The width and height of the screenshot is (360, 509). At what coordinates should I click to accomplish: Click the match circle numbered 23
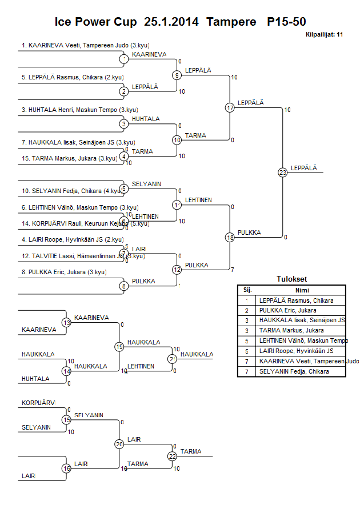point(282,172)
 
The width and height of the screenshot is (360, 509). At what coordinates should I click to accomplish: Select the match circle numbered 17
point(230,107)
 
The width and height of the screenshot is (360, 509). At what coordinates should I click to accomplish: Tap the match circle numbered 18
point(230,237)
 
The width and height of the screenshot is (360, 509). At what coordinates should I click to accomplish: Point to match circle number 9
point(177,75)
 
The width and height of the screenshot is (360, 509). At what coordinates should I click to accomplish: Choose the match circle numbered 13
point(66,323)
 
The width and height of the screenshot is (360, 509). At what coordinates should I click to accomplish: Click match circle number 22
point(172,456)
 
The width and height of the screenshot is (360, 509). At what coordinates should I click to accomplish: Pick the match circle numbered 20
point(119,444)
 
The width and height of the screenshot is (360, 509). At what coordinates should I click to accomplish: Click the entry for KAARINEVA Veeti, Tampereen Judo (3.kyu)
point(86,45)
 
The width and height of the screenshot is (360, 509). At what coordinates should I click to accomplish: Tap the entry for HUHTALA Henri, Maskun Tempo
point(79,110)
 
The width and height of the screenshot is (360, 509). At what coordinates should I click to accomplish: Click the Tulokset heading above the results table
point(291,279)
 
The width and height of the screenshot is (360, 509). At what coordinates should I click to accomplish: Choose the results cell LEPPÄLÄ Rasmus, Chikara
point(296,300)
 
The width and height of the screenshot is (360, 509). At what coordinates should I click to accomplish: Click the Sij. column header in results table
point(247,290)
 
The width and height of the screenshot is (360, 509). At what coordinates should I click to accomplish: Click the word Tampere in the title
point(231,22)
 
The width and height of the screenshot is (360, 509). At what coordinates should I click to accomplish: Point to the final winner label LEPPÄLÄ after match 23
point(303,167)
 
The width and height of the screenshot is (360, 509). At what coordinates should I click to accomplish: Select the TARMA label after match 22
point(191,451)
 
